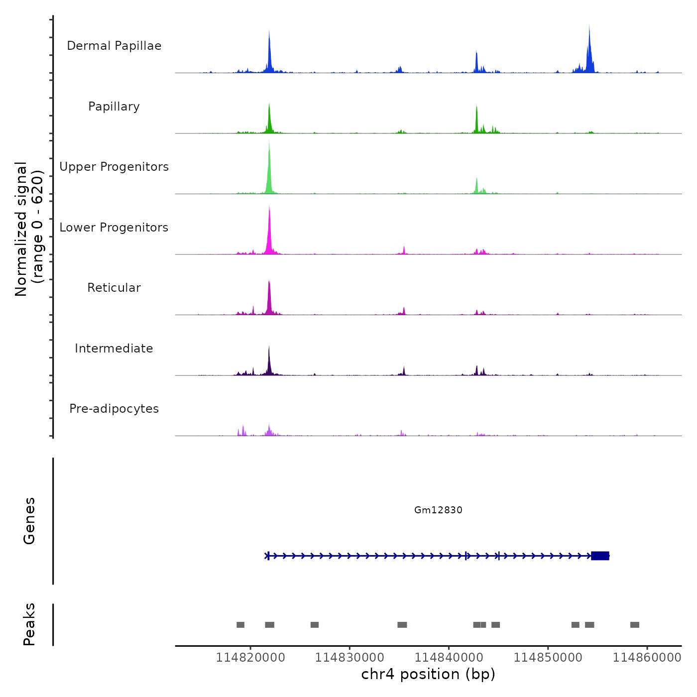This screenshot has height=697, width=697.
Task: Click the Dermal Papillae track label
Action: (114, 46)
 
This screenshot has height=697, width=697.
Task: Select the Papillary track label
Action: (114, 107)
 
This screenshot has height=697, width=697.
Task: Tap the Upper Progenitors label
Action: (114, 167)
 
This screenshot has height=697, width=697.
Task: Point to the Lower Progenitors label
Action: (114, 228)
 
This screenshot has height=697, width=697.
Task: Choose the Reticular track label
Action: (114, 288)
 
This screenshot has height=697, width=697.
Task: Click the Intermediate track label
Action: (114, 348)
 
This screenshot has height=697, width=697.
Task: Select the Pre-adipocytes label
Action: (114, 409)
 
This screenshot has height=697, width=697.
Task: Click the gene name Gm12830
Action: (438, 510)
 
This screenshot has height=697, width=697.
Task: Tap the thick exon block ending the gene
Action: (600, 556)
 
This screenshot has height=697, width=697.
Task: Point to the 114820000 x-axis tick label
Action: (250, 657)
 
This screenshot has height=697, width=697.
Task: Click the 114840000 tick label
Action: (449, 657)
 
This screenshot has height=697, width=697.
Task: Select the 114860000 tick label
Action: (647, 657)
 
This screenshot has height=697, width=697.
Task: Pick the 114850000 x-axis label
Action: (548, 657)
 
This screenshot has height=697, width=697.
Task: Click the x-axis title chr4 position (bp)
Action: (428, 674)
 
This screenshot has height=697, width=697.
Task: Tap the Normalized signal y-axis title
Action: (29, 229)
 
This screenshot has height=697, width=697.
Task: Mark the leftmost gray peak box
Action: (240, 625)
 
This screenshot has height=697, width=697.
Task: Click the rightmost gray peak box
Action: (635, 625)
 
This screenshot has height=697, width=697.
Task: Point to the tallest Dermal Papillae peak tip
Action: (589, 25)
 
